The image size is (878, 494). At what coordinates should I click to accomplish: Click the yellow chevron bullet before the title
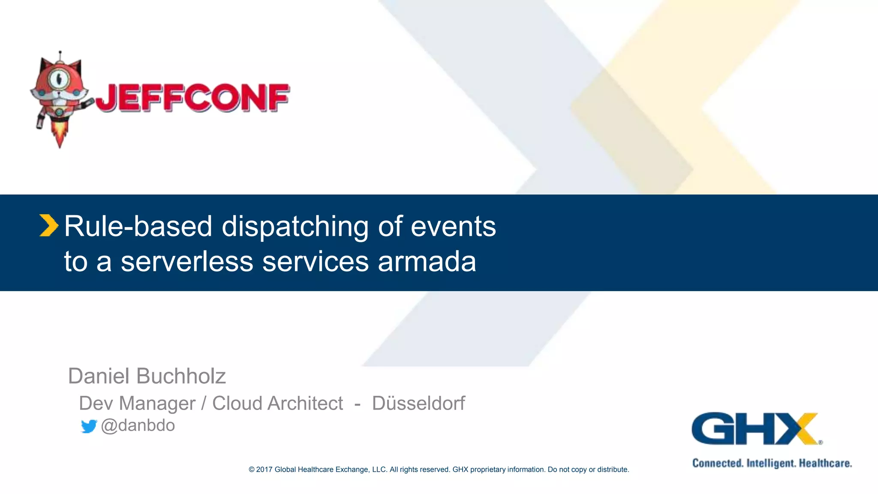48,226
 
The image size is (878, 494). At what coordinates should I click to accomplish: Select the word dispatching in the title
295,226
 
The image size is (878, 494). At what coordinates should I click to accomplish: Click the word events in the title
453,226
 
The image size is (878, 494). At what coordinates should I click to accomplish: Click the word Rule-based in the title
138,226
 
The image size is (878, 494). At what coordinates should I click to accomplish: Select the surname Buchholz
181,376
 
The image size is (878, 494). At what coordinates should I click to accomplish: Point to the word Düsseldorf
418,403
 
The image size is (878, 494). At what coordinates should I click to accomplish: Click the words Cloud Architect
277,404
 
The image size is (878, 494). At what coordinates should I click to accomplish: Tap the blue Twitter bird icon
89,426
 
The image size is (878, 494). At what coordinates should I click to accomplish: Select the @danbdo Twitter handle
138,425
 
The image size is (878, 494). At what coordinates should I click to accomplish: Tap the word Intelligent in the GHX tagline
771,464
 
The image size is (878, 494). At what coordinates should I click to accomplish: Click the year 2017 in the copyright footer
264,470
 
